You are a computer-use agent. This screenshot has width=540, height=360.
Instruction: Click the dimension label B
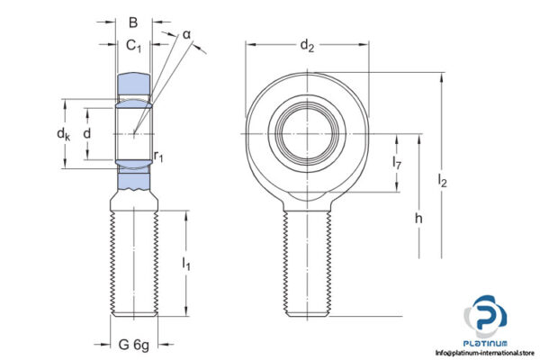133,22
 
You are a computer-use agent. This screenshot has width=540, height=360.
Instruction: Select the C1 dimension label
133,46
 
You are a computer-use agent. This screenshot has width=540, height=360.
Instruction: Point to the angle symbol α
186,34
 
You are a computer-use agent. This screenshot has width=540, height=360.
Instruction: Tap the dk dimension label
62,134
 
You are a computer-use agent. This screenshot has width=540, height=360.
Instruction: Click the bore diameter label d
86,133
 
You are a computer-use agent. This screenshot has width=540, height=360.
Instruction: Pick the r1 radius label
158,157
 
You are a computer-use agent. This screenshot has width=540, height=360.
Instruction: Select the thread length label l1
186,264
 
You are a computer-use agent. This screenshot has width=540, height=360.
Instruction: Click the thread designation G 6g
133,344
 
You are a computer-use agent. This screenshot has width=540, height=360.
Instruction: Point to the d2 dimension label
307,46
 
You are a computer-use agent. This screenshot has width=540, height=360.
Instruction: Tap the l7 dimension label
397,163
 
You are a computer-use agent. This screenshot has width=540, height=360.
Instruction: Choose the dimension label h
419,219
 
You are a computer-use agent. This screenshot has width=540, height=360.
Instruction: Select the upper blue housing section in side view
133,85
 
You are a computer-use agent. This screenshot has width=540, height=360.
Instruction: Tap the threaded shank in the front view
307,261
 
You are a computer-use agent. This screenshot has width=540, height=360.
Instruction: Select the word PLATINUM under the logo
487,343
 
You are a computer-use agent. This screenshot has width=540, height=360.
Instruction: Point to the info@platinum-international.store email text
483,354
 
